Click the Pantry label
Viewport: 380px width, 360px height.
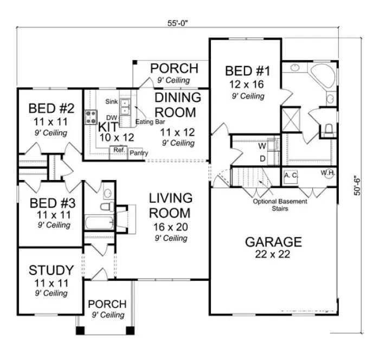pyautogui.click(x=139, y=153)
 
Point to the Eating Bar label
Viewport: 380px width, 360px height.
pyautogui.click(x=150, y=122)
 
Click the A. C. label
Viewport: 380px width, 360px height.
pyautogui.click(x=290, y=175)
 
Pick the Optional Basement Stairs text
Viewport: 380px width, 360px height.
pyautogui.click(x=280, y=204)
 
